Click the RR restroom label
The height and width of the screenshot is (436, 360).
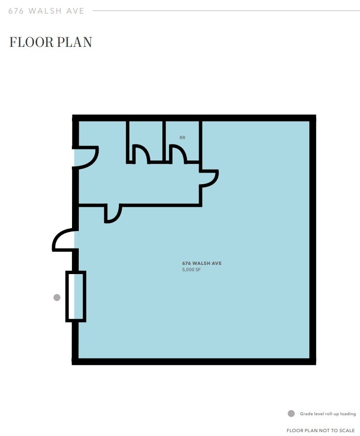(182, 138)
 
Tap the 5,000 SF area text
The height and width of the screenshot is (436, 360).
(191, 270)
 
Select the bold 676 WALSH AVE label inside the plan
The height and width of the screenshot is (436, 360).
(202, 263)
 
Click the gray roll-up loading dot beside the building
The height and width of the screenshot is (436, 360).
(57, 297)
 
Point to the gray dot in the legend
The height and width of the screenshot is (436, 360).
(291, 414)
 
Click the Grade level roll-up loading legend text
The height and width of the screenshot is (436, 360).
(328, 414)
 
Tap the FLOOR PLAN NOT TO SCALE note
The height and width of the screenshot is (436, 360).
(320, 430)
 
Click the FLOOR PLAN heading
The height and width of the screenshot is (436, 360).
(50, 42)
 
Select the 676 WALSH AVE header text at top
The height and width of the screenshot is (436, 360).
(46, 11)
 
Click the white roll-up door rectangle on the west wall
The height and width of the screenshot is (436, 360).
(76, 296)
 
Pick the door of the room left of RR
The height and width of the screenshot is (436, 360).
(142, 154)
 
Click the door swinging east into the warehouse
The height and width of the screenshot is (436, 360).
(210, 178)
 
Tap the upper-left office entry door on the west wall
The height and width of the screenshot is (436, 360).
(87, 158)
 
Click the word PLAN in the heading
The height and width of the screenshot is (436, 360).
(74, 42)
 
